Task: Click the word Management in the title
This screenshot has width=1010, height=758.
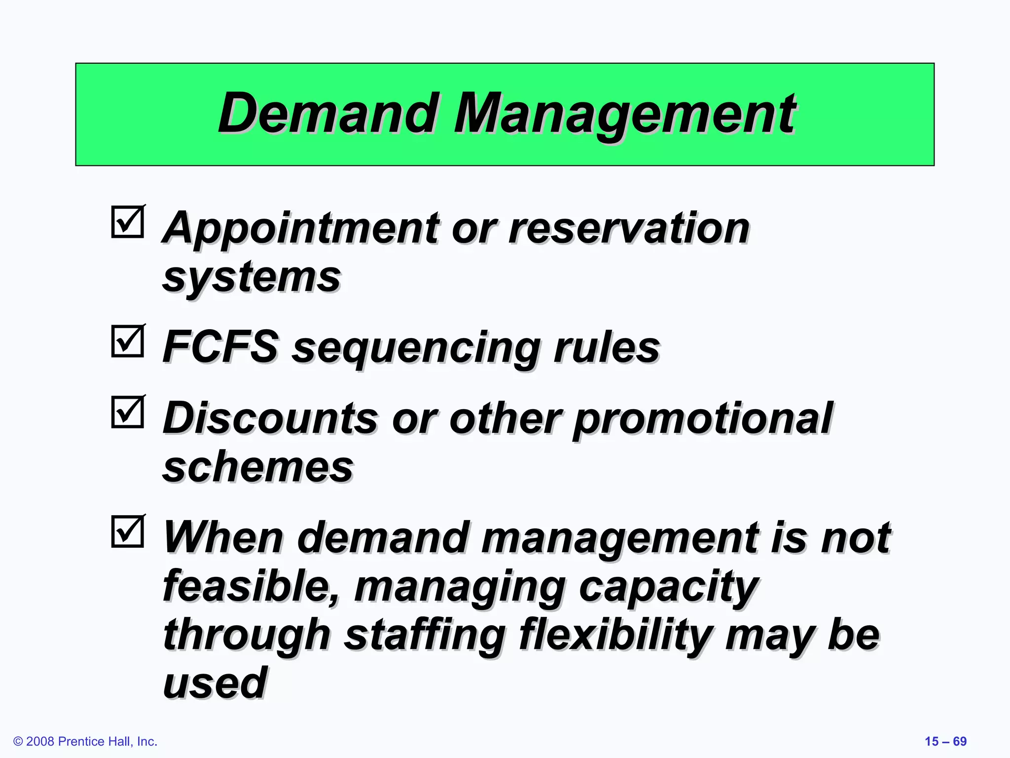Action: tap(623, 114)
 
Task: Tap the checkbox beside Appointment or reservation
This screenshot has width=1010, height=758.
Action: tap(128, 222)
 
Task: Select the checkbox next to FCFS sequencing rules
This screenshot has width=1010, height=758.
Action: tap(128, 341)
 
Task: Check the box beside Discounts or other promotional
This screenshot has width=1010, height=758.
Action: tap(128, 412)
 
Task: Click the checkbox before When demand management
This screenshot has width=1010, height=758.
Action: tap(128, 531)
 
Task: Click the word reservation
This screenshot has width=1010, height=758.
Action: tap(629, 228)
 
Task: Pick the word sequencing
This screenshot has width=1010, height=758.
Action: tap(417, 347)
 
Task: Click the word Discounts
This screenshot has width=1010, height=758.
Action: tap(270, 418)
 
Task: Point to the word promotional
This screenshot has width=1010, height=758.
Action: tap(703, 419)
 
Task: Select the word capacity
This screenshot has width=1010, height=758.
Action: tap(668, 587)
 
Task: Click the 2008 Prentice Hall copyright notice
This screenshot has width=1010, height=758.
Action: tap(85, 741)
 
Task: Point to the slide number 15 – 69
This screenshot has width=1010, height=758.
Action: tap(945, 741)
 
